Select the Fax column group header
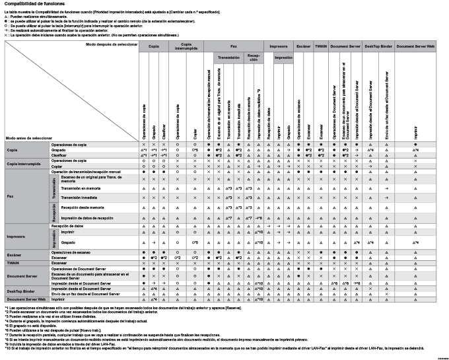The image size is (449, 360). (x=234, y=47)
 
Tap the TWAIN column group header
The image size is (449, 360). (x=321, y=47)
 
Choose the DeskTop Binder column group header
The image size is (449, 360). (x=378, y=47)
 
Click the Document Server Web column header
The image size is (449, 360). (x=416, y=47)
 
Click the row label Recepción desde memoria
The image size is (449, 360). (x=79, y=207)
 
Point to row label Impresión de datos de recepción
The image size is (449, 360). (x=86, y=217)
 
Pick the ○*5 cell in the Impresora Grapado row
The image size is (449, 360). (x=195, y=242)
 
